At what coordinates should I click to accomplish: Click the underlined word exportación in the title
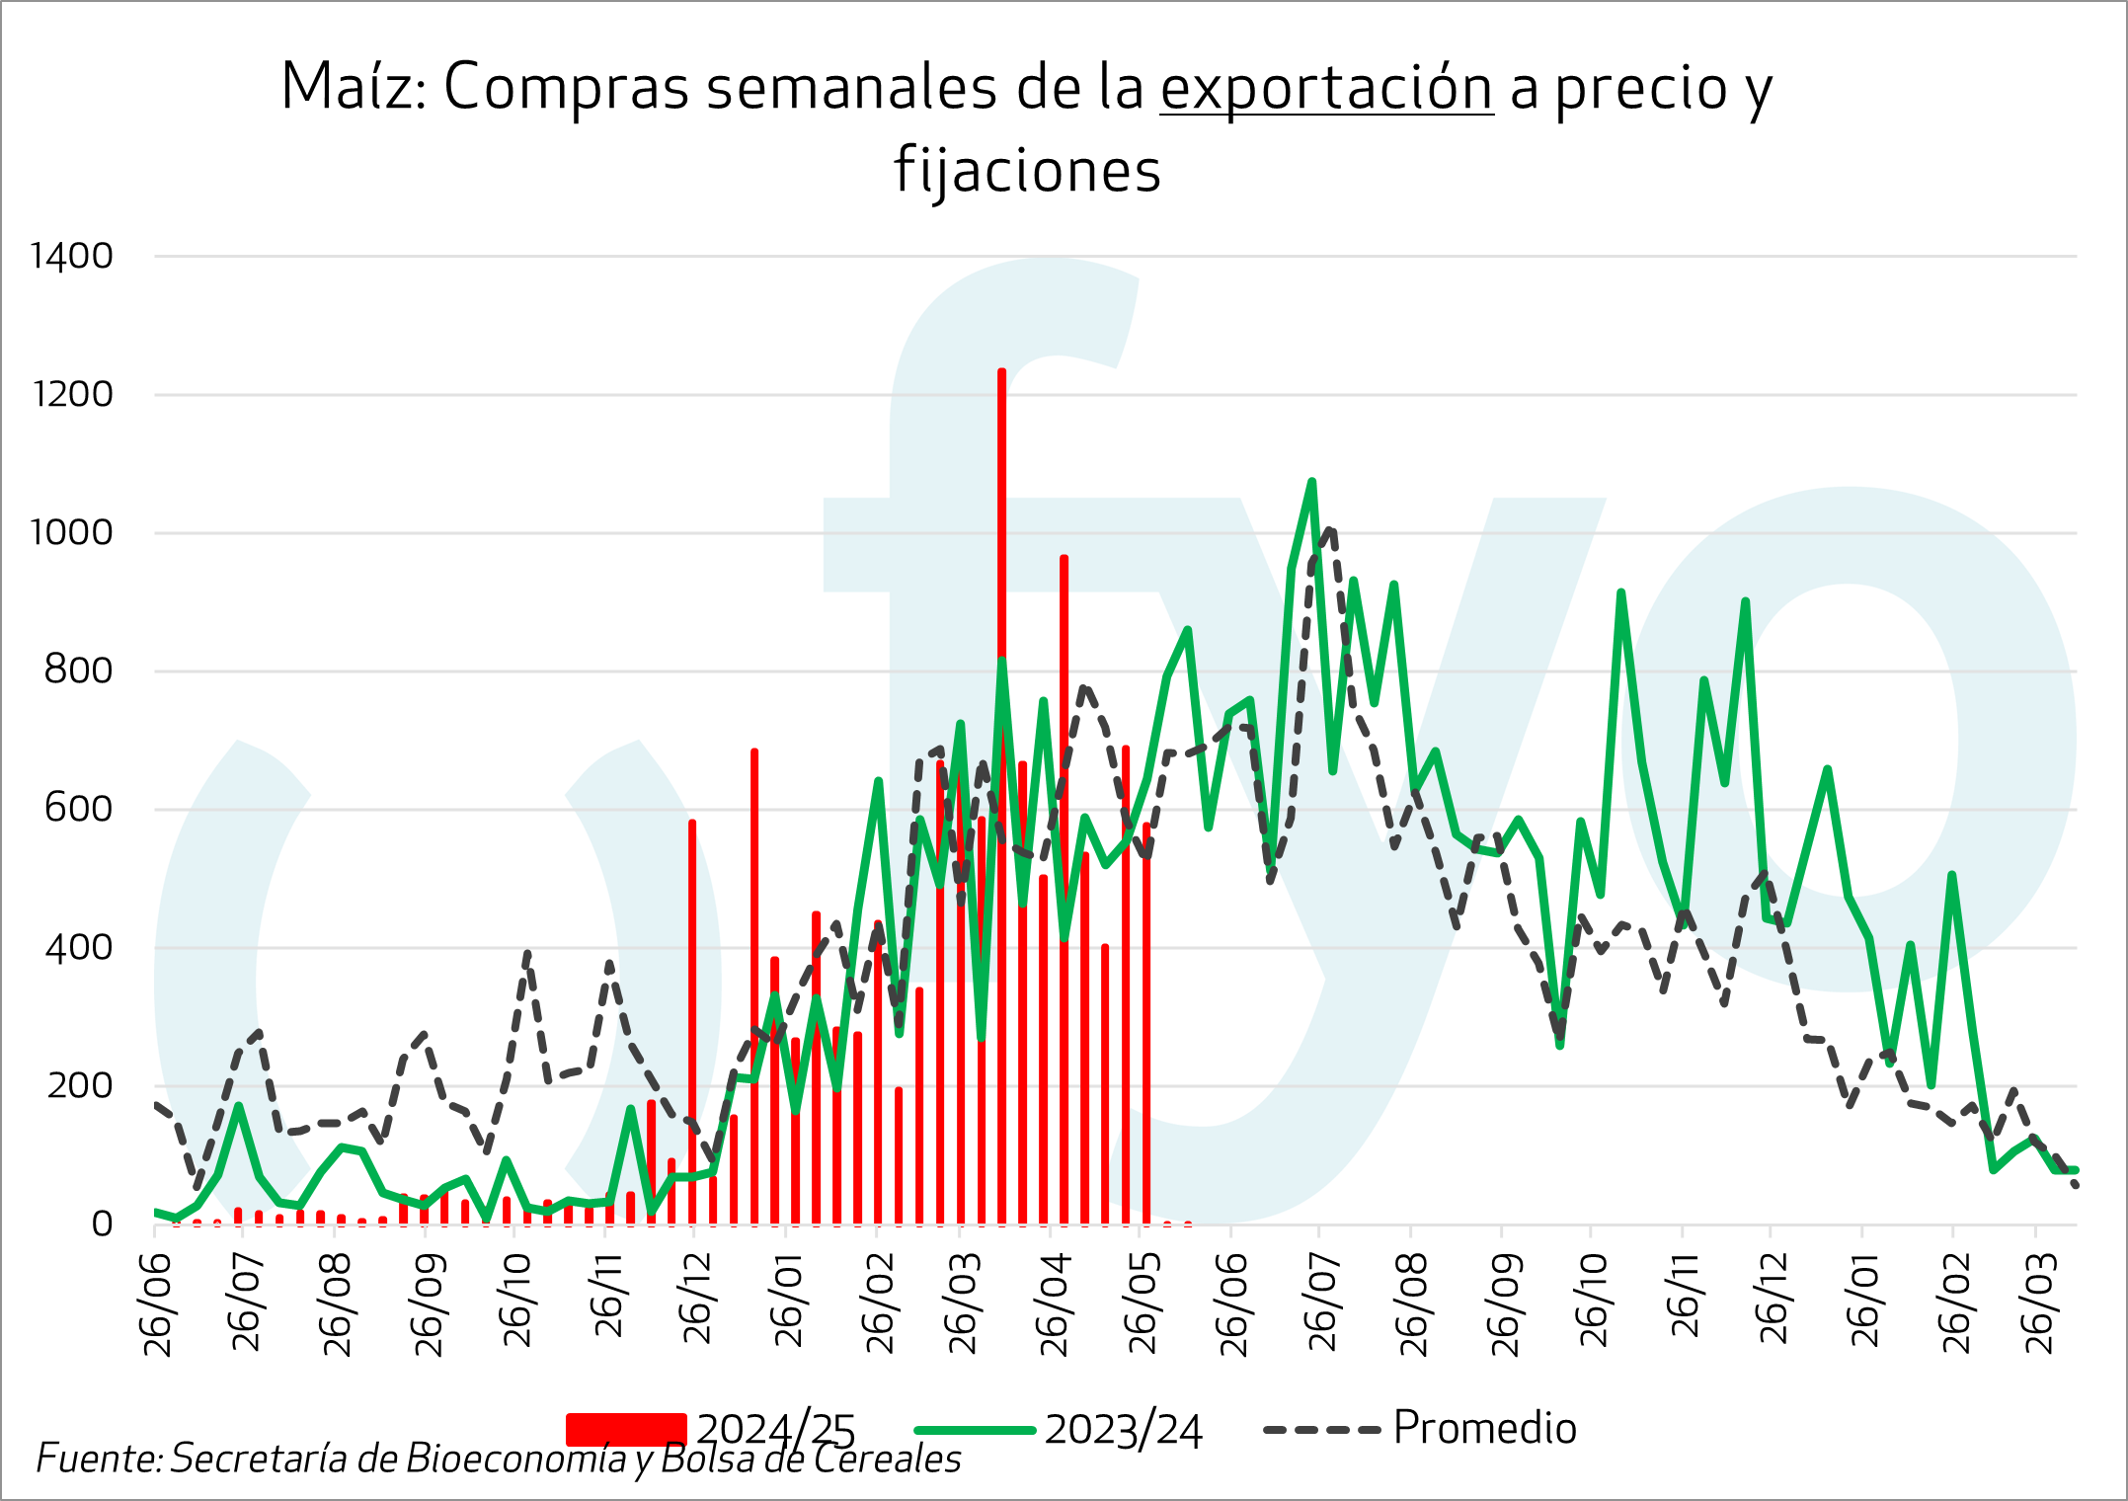point(1326,88)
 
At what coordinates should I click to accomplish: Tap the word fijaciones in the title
point(1027,170)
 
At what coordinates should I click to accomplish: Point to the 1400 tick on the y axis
point(72,257)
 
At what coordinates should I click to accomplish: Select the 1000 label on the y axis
point(72,533)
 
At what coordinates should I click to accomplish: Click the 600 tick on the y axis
point(79,810)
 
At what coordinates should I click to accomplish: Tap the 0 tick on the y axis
point(102,1224)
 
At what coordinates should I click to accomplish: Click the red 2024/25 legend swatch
point(625,1429)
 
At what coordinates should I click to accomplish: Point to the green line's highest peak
point(1312,482)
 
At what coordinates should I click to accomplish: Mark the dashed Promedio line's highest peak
point(1331,530)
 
